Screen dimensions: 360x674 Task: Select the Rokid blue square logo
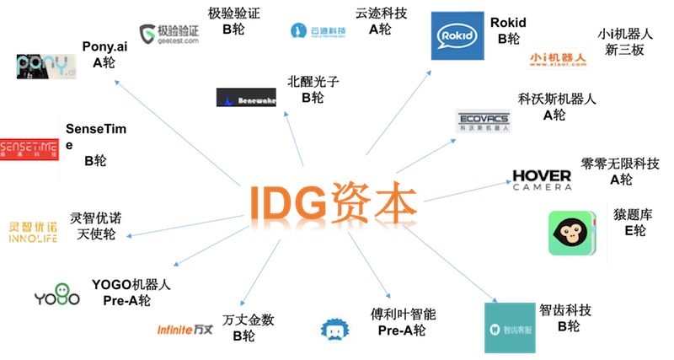[457, 35]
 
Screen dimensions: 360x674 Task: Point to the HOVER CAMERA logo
[542, 180]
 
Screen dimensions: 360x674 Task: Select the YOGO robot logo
[56, 298]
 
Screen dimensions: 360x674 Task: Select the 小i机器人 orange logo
[558, 58]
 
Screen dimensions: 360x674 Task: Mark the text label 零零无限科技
[619, 162]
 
